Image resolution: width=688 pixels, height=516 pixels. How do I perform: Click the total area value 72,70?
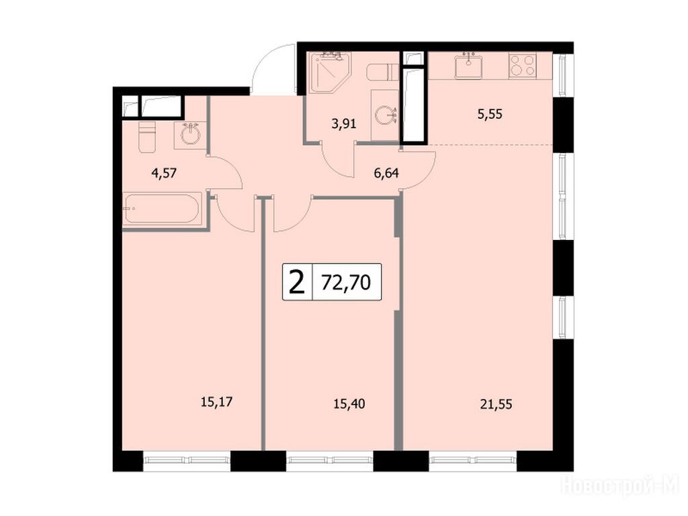click(346, 283)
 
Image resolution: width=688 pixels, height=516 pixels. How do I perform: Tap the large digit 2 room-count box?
click(297, 282)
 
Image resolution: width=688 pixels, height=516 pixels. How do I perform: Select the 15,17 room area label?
click(216, 402)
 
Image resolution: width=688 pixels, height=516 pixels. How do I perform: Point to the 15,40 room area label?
click(349, 404)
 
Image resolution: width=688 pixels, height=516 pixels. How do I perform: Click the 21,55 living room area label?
click(497, 404)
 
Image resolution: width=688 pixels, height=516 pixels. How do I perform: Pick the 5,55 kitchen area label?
click(490, 114)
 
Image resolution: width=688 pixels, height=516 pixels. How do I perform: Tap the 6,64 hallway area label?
click(386, 173)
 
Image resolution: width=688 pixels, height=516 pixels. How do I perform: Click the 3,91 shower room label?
click(344, 124)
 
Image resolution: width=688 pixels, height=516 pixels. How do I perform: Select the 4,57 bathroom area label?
click(164, 173)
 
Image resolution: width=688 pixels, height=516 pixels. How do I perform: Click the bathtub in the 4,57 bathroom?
click(163, 209)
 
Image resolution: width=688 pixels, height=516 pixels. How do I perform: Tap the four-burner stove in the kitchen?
click(523, 65)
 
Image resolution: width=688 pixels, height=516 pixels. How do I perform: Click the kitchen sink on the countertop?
click(468, 67)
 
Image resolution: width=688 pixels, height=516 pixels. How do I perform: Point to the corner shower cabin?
click(329, 73)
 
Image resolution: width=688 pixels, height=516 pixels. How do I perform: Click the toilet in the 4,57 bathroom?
click(147, 136)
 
